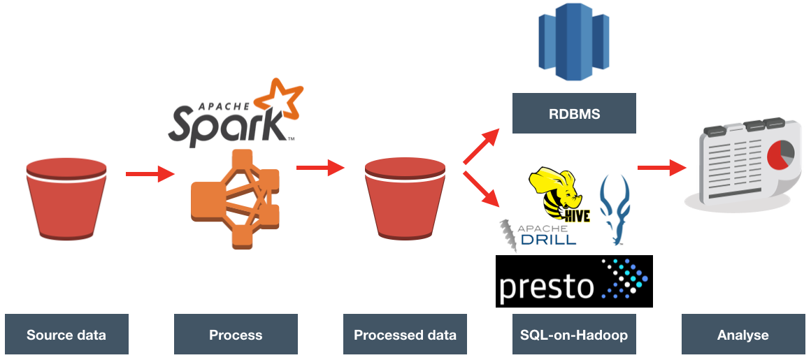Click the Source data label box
(66, 335)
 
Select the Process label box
(236, 335)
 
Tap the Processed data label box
(405, 335)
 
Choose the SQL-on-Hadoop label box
(574, 335)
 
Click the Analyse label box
(742, 335)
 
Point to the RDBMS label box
(574, 113)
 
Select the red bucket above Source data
(66, 199)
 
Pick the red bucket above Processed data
(405, 199)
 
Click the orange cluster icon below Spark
(236, 197)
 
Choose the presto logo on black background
(574, 281)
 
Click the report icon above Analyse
(741, 164)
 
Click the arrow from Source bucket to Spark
(150, 173)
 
